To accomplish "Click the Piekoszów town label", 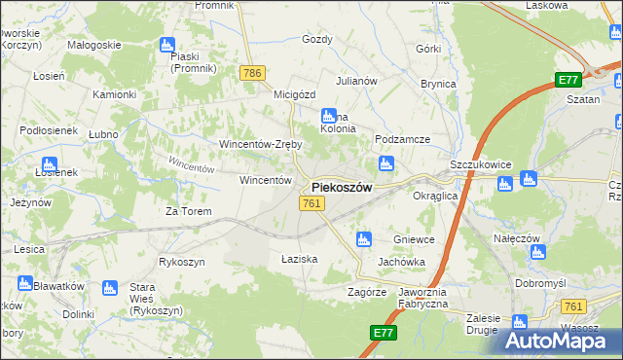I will pyautogui.click(x=341, y=188).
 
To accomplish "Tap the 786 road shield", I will pyautogui.click(x=253, y=73).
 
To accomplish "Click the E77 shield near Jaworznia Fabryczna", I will pyautogui.click(x=384, y=334).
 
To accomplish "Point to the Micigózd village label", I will pyautogui.click(x=296, y=94).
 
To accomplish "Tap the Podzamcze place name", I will pyautogui.click(x=402, y=139).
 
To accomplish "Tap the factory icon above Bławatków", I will pyautogui.click(x=25, y=284).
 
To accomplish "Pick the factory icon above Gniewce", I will pyautogui.click(x=363, y=238).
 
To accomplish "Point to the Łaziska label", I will pyautogui.click(x=300, y=259).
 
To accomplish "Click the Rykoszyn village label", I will pyautogui.click(x=182, y=262).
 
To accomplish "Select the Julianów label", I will pyautogui.click(x=355, y=81).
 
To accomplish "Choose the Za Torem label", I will pyautogui.click(x=188, y=210).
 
